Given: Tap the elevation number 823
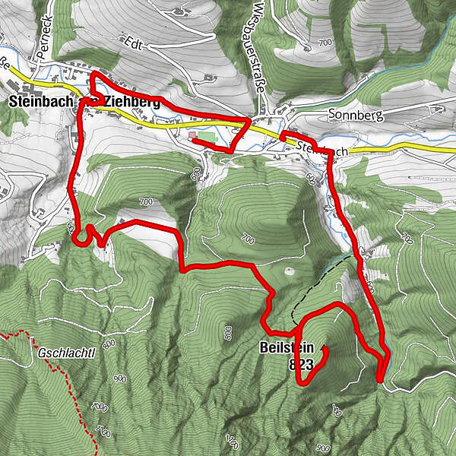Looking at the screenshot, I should point(301,366).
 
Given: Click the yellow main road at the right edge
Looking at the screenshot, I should point(426,146).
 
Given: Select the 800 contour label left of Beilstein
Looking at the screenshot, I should point(227,331).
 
